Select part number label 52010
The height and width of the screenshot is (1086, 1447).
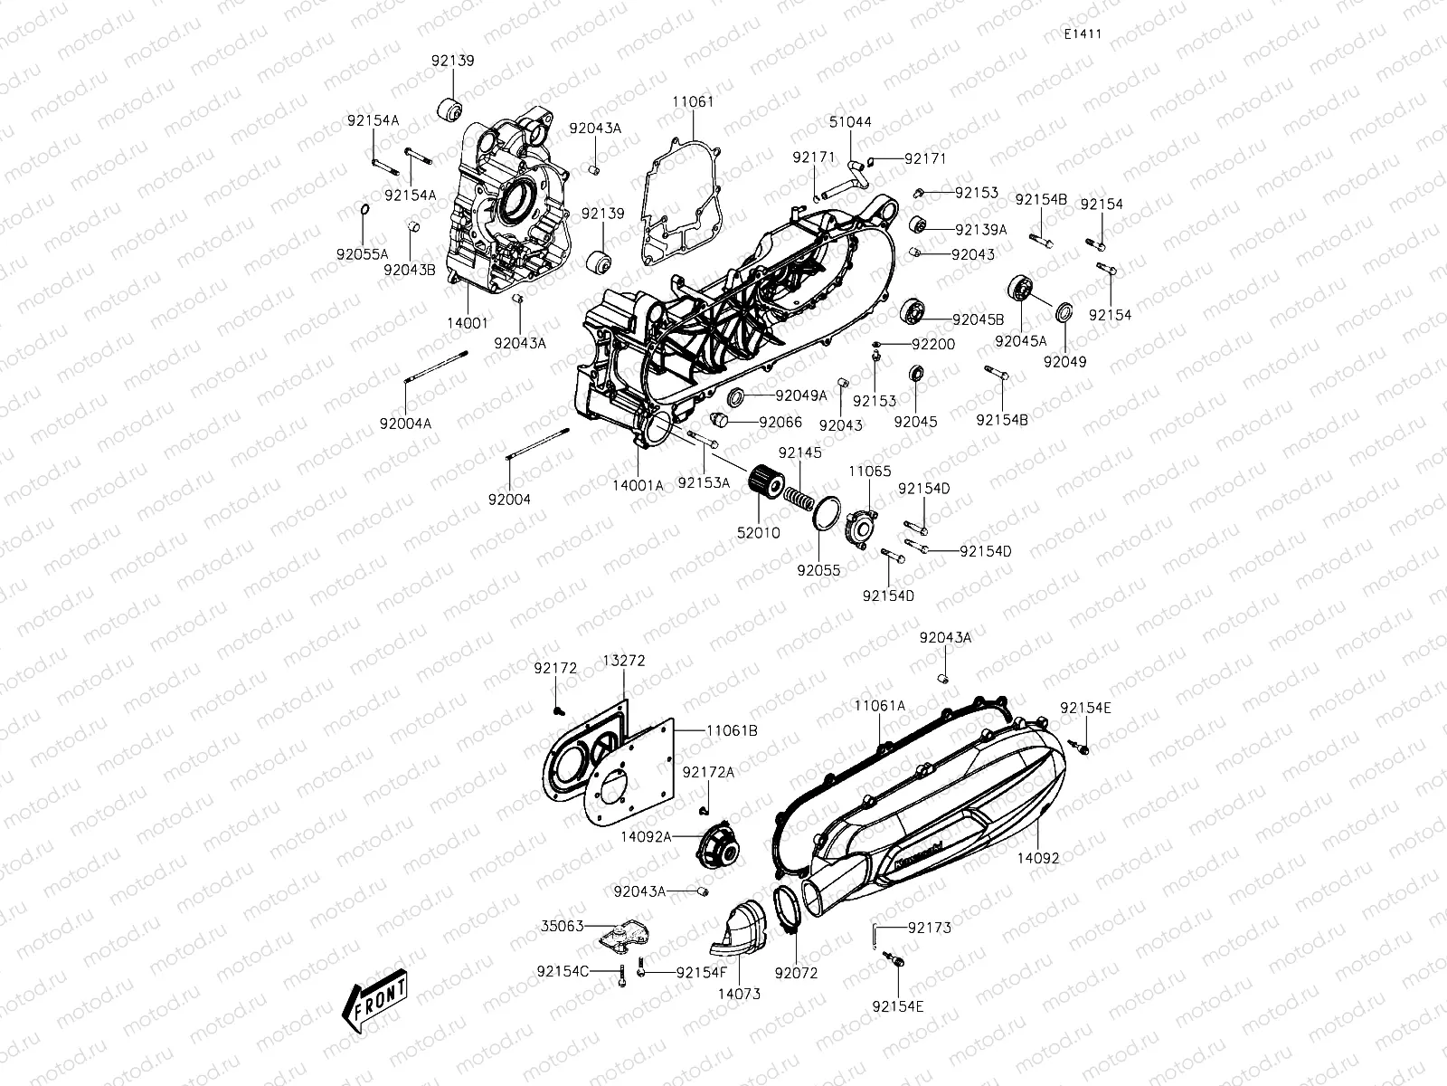click(x=759, y=533)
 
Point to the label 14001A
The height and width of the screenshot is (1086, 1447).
click(x=638, y=485)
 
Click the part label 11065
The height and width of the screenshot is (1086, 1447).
click(x=869, y=472)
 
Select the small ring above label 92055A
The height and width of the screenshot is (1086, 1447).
click(x=364, y=211)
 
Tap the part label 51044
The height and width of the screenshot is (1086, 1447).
click(x=850, y=122)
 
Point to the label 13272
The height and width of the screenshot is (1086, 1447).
click(x=624, y=661)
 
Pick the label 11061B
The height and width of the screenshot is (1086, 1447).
click(x=733, y=729)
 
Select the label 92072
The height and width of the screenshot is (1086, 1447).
click(x=796, y=974)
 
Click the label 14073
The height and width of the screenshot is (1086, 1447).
click(x=739, y=994)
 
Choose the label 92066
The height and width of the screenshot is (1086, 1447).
click(x=780, y=422)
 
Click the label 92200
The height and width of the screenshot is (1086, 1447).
click(x=933, y=345)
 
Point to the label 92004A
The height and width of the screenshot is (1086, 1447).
click(x=404, y=423)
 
